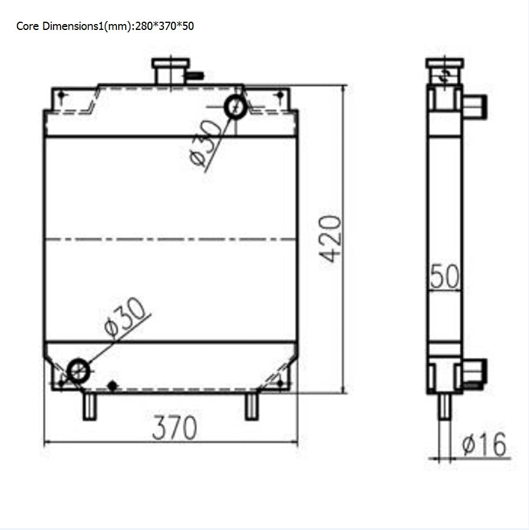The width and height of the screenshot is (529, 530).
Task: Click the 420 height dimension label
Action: click(331, 239)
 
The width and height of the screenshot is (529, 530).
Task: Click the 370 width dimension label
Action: click(174, 428)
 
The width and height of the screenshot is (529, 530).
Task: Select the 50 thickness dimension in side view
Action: click(444, 276)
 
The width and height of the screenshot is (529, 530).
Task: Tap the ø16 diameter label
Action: click(484, 445)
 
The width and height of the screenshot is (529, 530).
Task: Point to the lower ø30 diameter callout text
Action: click(125, 317)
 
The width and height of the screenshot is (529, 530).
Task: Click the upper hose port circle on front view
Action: click(236, 106)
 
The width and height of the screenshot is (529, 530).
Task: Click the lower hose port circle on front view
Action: click(78, 371)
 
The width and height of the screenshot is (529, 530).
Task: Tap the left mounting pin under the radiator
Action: click(89, 406)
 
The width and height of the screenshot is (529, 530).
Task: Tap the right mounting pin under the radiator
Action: click(252, 406)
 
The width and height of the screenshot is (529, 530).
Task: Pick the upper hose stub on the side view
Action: click(473, 106)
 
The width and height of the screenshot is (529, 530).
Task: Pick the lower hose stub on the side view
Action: click(474, 372)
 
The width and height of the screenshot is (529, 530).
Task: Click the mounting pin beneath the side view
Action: click(445, 406)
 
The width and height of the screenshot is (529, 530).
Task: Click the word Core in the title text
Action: click(28, 26)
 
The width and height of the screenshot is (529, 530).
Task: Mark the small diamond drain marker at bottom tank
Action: click(113, 386)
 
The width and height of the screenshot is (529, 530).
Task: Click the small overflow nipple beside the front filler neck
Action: click(196, 75)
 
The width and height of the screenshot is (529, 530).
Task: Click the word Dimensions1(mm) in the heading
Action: click(88, 26)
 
